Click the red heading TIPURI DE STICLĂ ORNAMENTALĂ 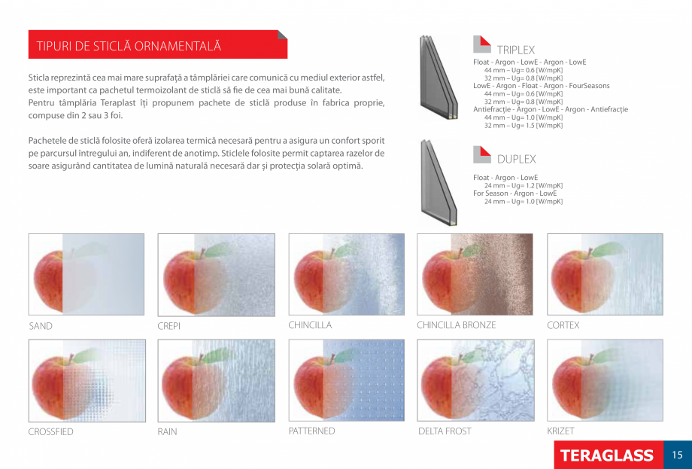pos(129,47)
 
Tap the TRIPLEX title pos(516,50)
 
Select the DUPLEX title pos(516,159)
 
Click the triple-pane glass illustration pos(439,78)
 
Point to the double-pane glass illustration pos(439,183)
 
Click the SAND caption pos(41,326)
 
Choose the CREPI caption pos(169,326)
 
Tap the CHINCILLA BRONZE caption pos(457,325)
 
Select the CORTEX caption pos(563,325)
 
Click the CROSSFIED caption pos(50,431)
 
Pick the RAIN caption pos(167,431)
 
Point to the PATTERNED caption pos(311,431)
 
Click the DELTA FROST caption pos(445,431)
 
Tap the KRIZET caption pos(560,431)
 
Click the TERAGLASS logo pos(607,455)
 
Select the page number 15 pos(678,455)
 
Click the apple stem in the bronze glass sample pos(460,252)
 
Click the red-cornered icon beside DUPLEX pos(482,154)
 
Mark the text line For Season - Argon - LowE pos(515,193)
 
